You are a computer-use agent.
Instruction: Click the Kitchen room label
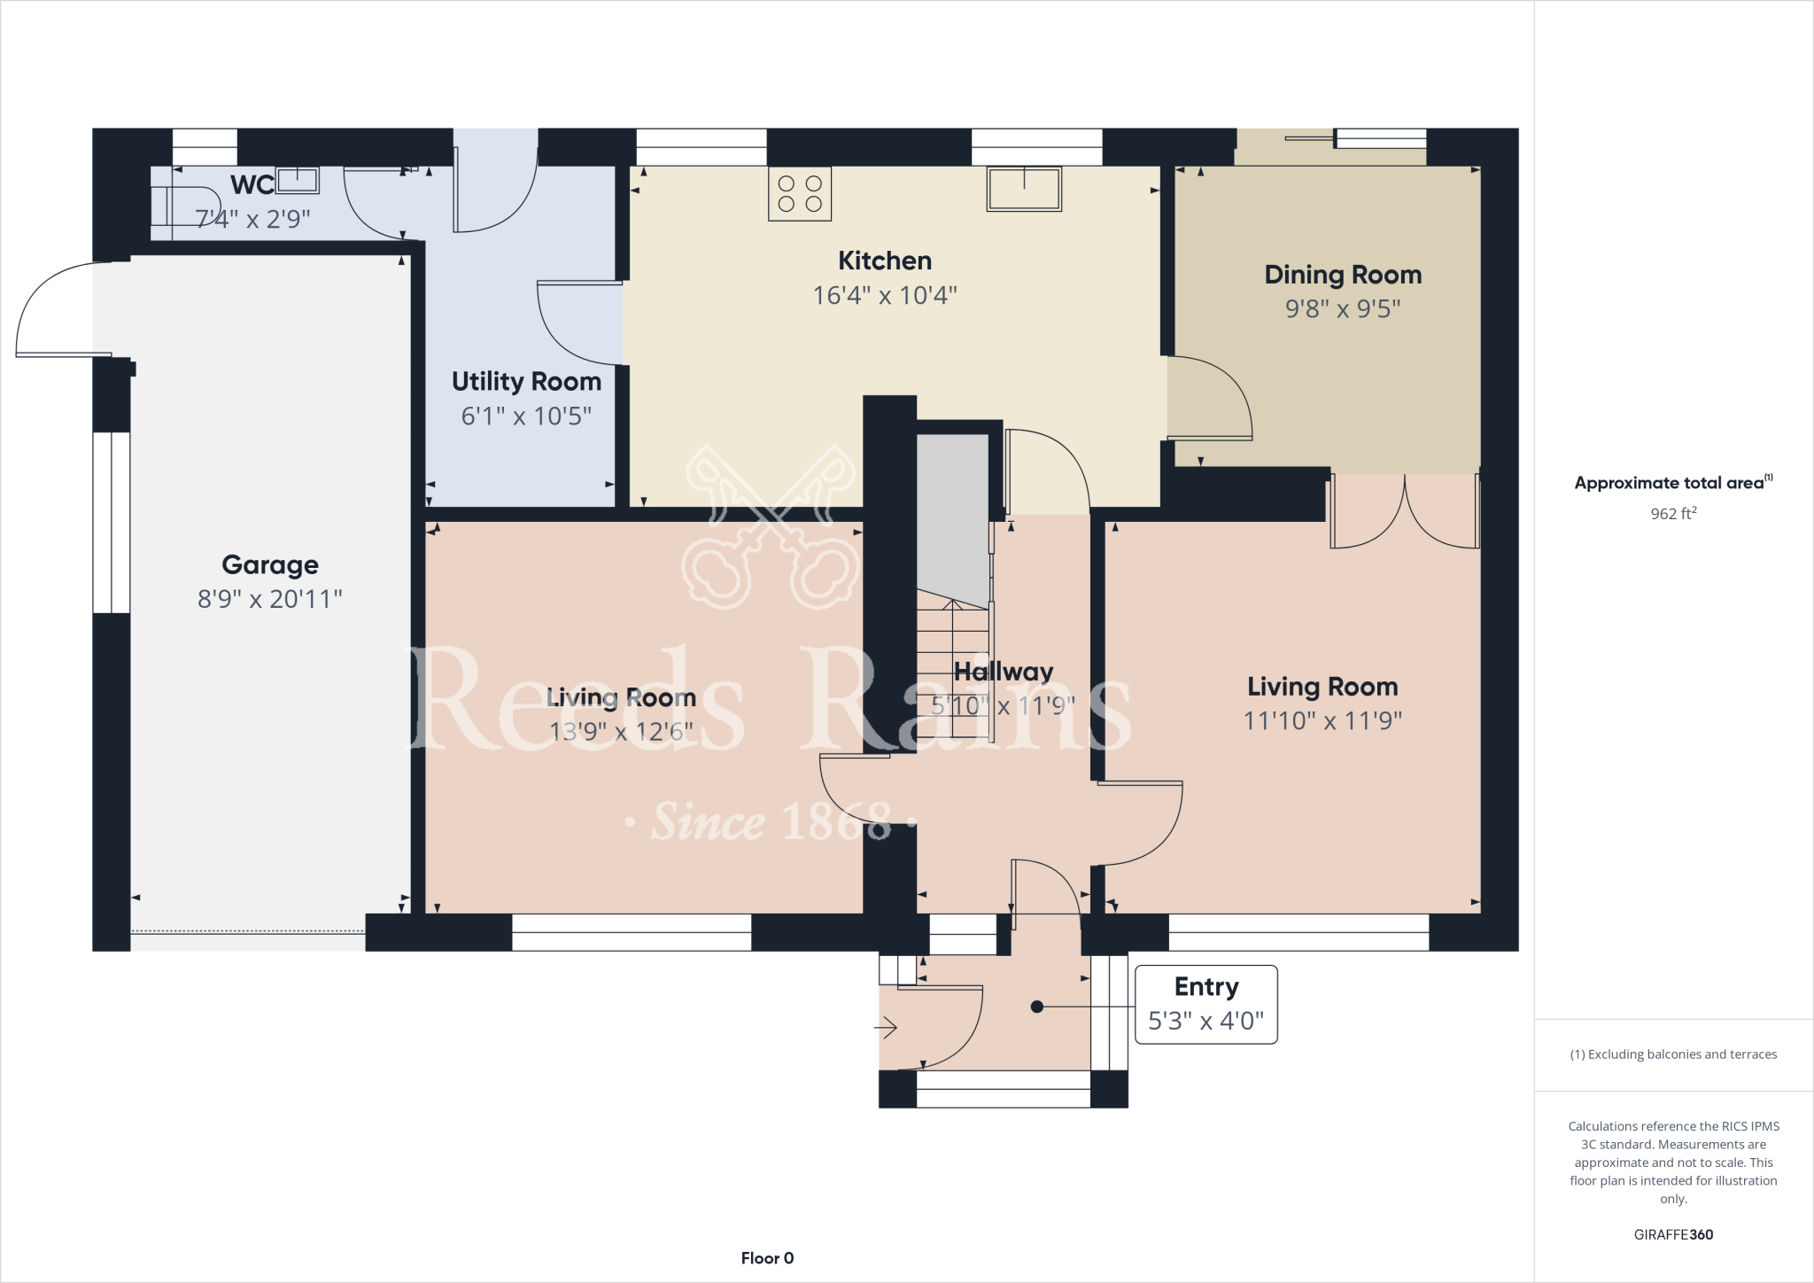[x=885, y=260]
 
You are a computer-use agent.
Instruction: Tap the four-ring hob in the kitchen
[x=800, y=193]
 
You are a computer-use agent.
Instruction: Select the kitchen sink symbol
[x=1024, y=189]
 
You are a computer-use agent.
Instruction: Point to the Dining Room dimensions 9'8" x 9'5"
[x=1343, y=308]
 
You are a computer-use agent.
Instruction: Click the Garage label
[x=270, y=564]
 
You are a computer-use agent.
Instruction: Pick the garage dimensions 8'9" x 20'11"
[x=270, y=599]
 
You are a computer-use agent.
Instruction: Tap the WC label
[x=252, y=185]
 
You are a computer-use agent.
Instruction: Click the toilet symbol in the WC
[x=185, y=206]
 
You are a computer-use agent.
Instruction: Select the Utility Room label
[x=526, y=382]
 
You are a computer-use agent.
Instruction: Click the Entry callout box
[x=1206, y=1004]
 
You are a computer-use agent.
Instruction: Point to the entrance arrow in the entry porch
[x=886, y=1028]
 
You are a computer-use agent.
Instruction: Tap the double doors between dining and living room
[x=1405, y=511]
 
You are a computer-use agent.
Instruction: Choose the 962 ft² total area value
[x=1673, y=513]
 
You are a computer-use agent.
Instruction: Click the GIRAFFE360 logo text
[x=1673, y=1234]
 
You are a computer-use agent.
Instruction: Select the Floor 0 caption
[x=767, y=1258]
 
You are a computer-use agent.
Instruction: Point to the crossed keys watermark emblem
[x=769, y=526]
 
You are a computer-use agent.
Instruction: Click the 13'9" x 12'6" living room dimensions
[x=621, y=732]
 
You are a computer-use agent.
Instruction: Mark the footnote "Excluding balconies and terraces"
[x=1673, y=1054]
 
